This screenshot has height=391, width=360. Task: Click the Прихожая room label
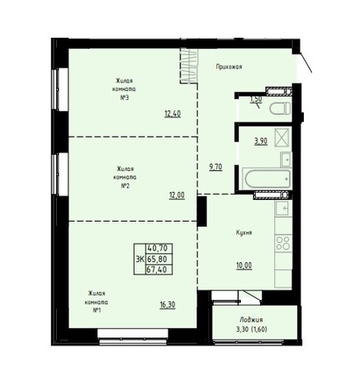(229, 67)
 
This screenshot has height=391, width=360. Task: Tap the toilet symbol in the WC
(280, 109)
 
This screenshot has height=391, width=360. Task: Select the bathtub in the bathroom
(267, 179)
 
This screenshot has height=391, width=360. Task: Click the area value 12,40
(173, 114)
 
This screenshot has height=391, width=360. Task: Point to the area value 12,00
(177, 195)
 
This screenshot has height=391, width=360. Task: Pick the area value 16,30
(167, 305)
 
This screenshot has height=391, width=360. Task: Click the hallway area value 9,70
(215, 167)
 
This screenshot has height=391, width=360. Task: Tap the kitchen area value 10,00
(244, 266)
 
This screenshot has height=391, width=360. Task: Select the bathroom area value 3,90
(261, 141)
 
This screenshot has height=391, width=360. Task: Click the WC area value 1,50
(256, 99)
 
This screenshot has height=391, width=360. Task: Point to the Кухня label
(244, 233)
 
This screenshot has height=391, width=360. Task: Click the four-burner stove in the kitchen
(283, 243)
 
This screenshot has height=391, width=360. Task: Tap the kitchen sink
(283, 209)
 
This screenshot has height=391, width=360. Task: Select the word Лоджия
(251, 320)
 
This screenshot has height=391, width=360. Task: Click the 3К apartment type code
(140, 259)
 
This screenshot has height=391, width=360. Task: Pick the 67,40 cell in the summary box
(157, 269)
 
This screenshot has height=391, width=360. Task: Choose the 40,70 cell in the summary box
(158, 248)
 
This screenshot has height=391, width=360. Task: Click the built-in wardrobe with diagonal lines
(188, 67)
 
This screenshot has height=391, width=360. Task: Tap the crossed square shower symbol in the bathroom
(281, 136)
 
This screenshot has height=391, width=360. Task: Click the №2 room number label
(125, 186)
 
